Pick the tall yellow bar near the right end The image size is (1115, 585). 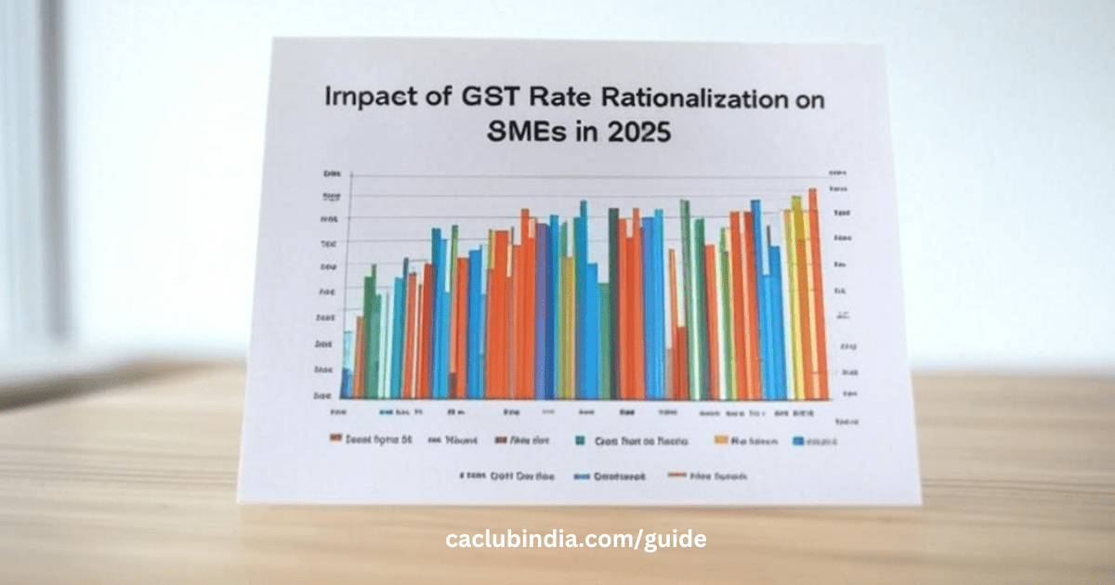pos(796,297)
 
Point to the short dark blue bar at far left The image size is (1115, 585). pos(346,383)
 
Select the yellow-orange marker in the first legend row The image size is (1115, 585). pos(720,442)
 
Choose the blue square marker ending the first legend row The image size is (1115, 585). pos(797,442)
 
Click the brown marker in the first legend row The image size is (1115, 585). pos(501,442)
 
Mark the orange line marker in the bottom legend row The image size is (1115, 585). pos(676,475)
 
